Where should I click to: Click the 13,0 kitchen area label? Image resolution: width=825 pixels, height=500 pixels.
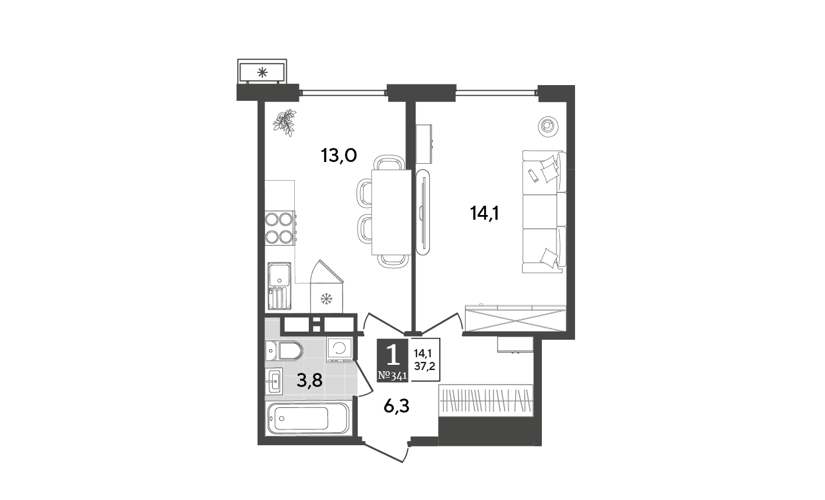click(x=339, y=156)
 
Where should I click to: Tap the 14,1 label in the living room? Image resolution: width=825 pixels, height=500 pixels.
click(x=484, y=213)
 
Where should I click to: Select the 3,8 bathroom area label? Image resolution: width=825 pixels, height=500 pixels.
click(x=310, y=381)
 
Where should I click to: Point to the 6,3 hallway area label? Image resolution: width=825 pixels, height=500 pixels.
click(x=396, y=406)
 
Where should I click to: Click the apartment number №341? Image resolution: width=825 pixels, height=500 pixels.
click(x=393, y=376)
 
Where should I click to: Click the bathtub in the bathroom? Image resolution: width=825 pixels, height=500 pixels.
click(x=308, y=418)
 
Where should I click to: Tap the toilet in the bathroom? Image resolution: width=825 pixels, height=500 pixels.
click(x=284, y=351)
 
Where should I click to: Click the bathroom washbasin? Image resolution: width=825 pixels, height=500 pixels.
click(x=274, y=381)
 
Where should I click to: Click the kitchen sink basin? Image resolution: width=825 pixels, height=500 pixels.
click(x=279, y=274)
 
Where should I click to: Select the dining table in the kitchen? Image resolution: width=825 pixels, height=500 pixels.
click(x=391, y=212)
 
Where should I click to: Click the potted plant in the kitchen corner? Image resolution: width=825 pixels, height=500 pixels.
click(x=285, y=123)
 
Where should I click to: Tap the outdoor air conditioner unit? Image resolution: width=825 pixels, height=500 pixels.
click(x=262, y=72)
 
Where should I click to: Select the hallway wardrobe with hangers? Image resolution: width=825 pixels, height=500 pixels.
click(x=486, y=400)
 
